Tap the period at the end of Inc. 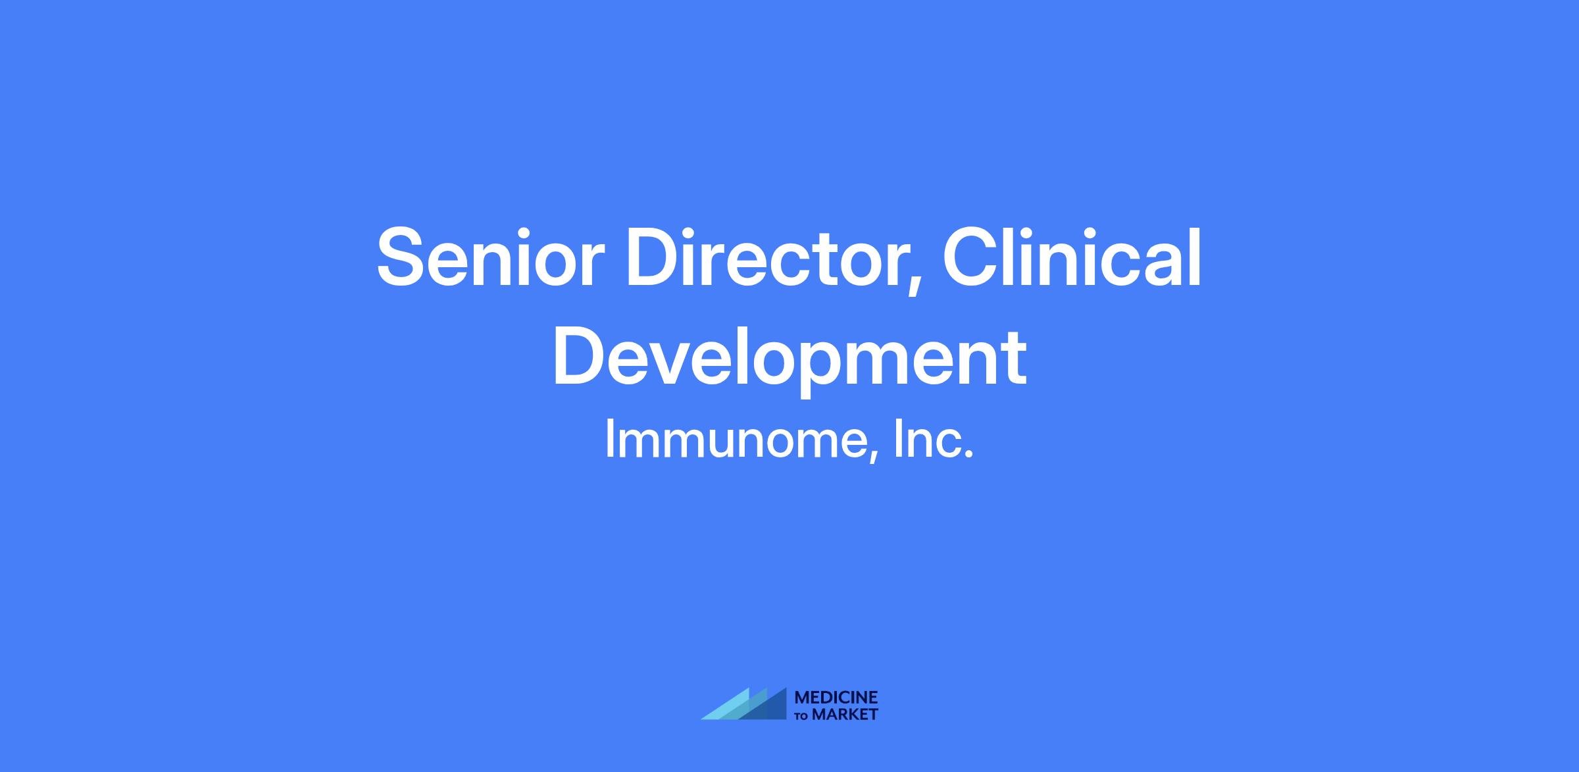(968, 455)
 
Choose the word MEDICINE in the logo (836, 698)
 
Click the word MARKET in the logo (845, 715)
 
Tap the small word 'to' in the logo (802, 716)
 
